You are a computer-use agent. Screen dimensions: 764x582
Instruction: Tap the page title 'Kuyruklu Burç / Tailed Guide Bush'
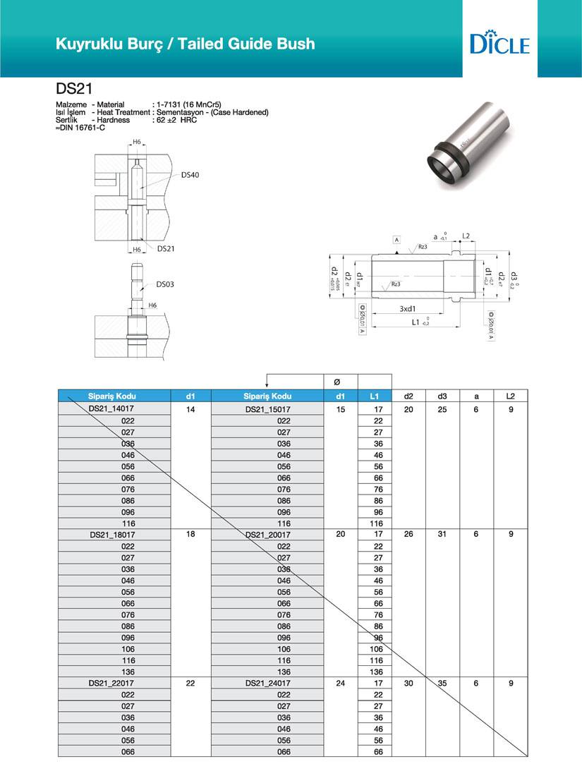point(186,44)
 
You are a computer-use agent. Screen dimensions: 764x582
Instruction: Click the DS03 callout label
point(165,284)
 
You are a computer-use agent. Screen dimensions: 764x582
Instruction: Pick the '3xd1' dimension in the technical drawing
point(406,309)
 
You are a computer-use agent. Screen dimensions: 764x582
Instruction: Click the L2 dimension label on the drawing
point(466,236)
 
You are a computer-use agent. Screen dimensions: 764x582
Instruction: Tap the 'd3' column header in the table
point(442,396)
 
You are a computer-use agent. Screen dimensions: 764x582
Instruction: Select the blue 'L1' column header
point(375,396)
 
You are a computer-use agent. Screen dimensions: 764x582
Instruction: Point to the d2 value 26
point(408,535)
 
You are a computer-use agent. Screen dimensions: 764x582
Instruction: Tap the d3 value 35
point(442,683)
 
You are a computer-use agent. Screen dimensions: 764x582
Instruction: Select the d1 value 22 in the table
point(190,683)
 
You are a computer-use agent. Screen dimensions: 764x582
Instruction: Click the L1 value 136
point(375,672)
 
